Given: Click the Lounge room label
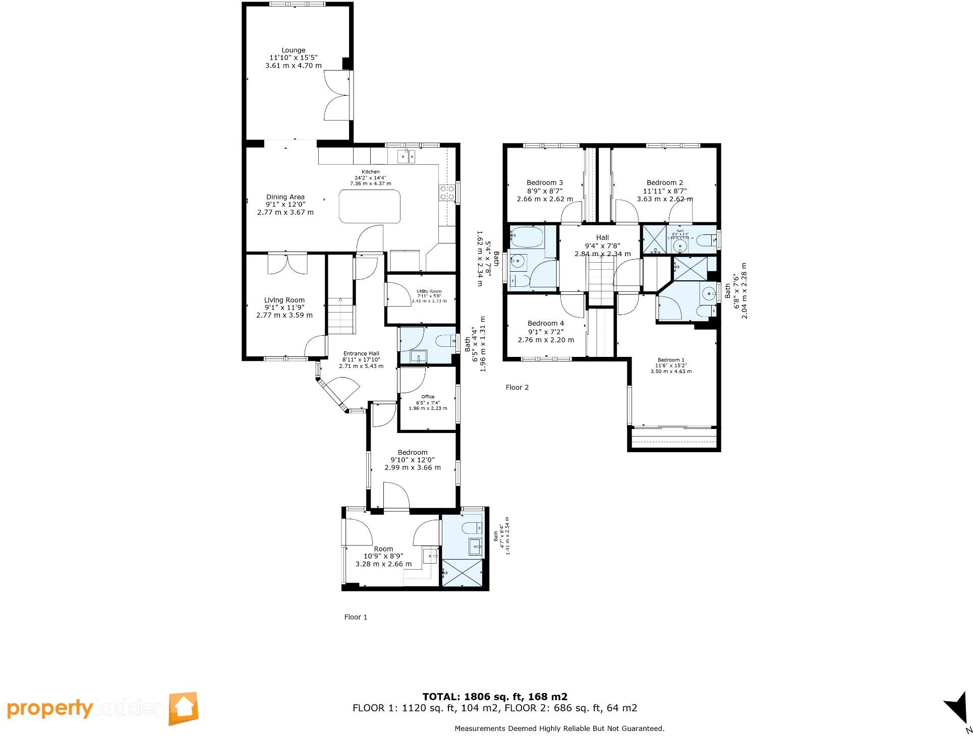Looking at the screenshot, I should [293, 50].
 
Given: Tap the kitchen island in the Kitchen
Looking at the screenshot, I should [369, 206].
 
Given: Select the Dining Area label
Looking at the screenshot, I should [285, 197].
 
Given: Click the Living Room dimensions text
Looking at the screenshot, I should [284, 312].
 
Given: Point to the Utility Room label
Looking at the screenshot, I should [429, 291].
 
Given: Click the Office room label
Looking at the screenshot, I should [428, 397].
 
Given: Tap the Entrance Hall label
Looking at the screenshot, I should [361, 353].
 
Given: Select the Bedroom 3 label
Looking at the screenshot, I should [545, 182].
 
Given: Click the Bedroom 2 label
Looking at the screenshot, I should [665, 182].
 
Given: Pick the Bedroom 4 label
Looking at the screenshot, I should [546, 323].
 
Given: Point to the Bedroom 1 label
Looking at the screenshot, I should [671, 360].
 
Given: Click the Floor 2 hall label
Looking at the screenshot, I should [602, 237].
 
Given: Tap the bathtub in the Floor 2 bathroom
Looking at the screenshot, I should [527, 236].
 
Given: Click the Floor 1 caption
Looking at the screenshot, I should [356, 617].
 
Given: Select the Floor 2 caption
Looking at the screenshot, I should [517, 387].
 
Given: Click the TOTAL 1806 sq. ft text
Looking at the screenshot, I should [494, 697].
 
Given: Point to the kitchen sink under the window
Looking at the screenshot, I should [406, 156].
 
